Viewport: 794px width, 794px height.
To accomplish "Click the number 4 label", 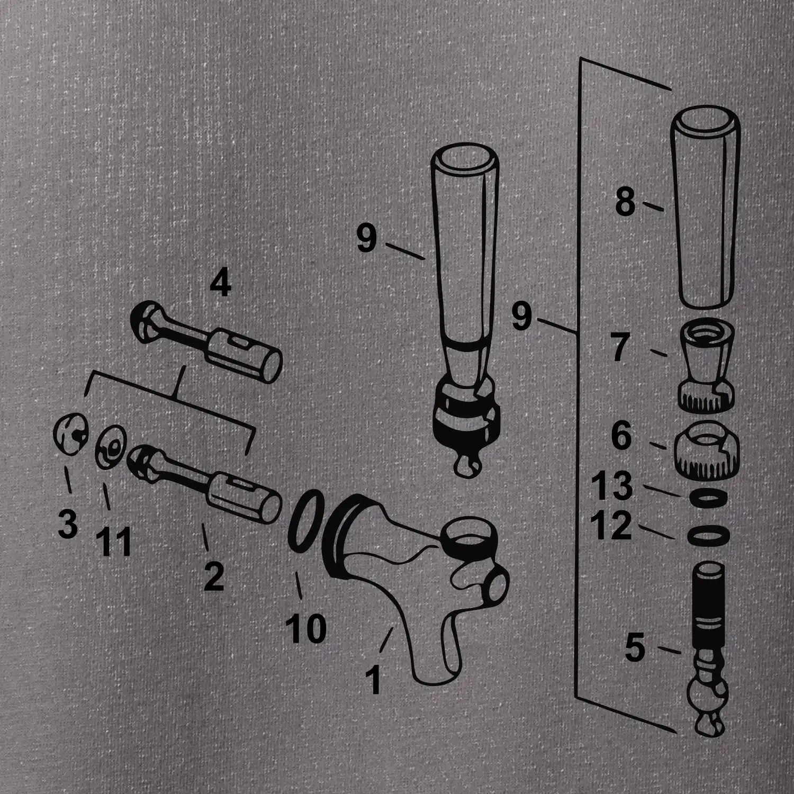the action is pyautogui.click(x=220, y=285).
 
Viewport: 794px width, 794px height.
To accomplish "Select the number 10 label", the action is pyautogui.click(x=306, y=628).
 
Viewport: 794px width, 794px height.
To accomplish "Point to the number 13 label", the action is pyautogui.click(x=612, y=485).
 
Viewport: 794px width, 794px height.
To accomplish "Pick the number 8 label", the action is pyautogui.click(x=625, y=202).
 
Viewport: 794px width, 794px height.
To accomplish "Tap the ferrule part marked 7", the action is pyautogui.click(x=706, y=366).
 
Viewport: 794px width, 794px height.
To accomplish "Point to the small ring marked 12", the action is pyautogui.click(x=708, y=535).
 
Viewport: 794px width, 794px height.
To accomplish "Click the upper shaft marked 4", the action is pyautogui.click(x=206, y=340).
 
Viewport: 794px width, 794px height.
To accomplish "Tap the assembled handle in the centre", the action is pyautogui.click(x=464, y=312).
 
